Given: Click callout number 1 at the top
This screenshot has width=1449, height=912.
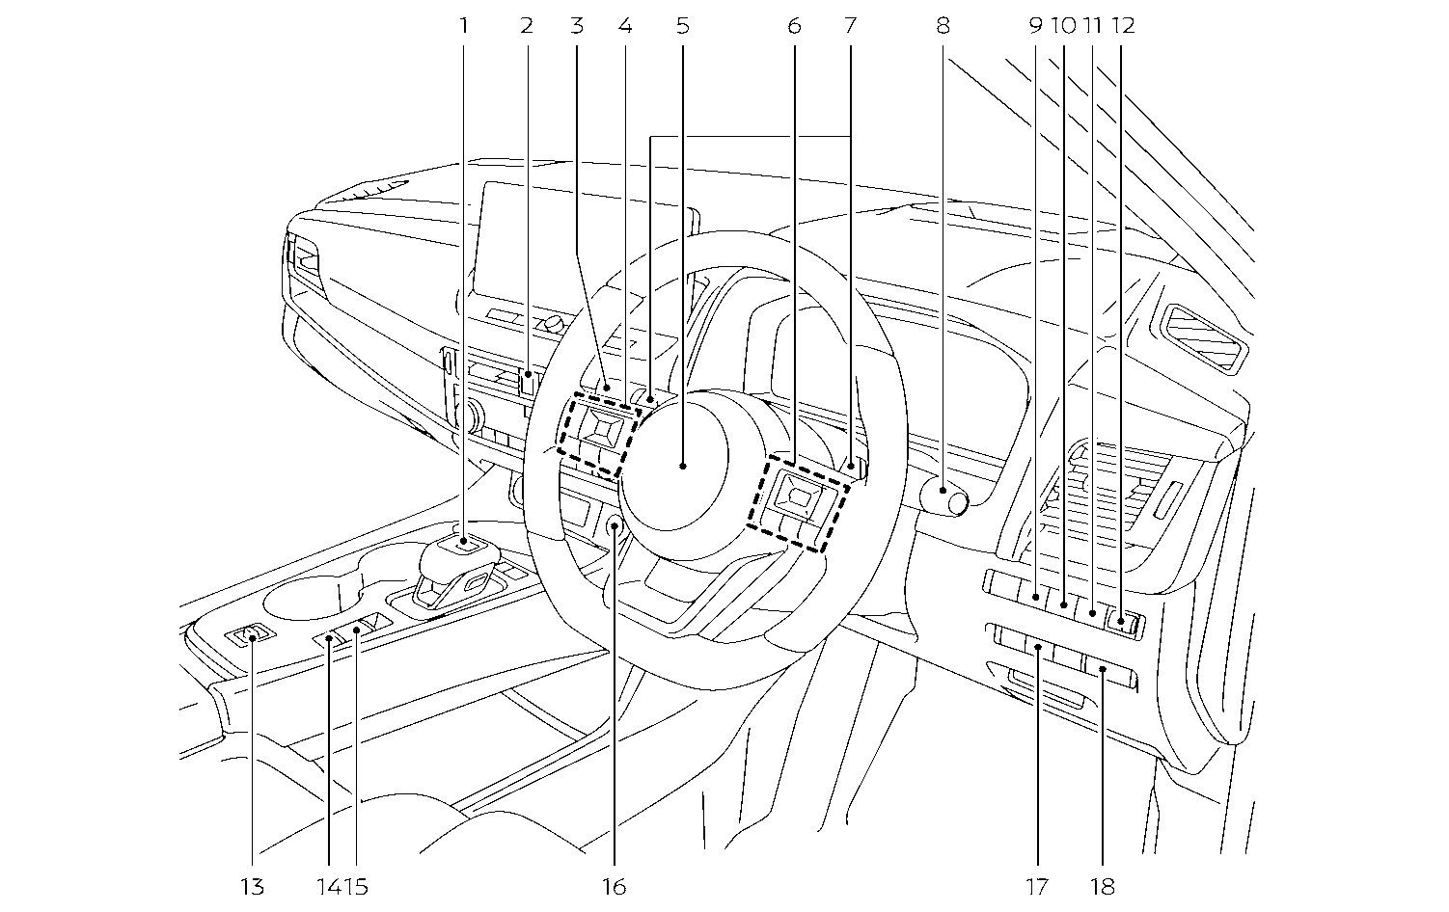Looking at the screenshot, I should pyautogui.click(x=464, y=26).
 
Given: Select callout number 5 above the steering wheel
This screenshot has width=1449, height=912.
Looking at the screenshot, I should pyautogui.click(x=682, y=26).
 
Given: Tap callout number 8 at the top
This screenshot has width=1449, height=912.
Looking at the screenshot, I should pyautogui.click(x=943, y=26).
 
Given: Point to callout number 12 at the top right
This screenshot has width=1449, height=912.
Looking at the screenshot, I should pyautogui.click(x=1122, y=26).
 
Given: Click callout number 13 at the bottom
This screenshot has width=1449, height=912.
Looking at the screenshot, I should pyautogui.click(x=252, y=886).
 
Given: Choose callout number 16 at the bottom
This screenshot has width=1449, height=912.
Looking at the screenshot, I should pyautogui.click(x=614, y=886).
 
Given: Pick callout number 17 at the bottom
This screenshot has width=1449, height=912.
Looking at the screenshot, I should pyautogui.click(x=1037, y=886).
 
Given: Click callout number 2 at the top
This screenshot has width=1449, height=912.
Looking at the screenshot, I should pyautogui.click(x=526, y=26).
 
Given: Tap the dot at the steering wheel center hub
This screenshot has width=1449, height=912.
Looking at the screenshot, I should pyautogui.click(x=682, y=466).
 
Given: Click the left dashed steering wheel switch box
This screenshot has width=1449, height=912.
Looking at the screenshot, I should pyautogui.click(x=598, y=433).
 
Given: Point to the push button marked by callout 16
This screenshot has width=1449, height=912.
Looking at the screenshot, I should pyautogui.click(x=615, y=526).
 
